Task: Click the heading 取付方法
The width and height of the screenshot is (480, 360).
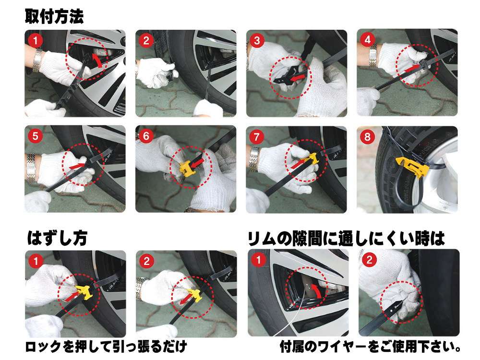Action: (x=54, y=16)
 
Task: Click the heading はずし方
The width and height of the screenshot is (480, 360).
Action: (x=57, y=238)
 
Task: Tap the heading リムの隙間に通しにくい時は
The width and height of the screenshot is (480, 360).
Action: (x=346, y=239)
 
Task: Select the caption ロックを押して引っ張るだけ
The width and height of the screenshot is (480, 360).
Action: (x=106, y=347)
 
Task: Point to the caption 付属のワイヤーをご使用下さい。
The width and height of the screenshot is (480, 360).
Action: (x=371, y=347)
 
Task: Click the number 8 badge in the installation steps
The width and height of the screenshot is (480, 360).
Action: (x=367, y=136)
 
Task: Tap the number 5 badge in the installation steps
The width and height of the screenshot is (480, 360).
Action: (x=35, y=136)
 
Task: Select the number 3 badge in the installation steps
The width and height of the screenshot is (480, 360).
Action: (x=257, y=40)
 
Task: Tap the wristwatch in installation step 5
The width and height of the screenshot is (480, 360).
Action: (x=31, y=168)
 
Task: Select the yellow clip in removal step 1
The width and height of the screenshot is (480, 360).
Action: (x=83, y=292)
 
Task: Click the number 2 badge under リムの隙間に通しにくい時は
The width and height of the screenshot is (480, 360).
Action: (x=369, y=260)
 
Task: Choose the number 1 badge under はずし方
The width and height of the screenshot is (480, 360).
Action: (x=36, y=261)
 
